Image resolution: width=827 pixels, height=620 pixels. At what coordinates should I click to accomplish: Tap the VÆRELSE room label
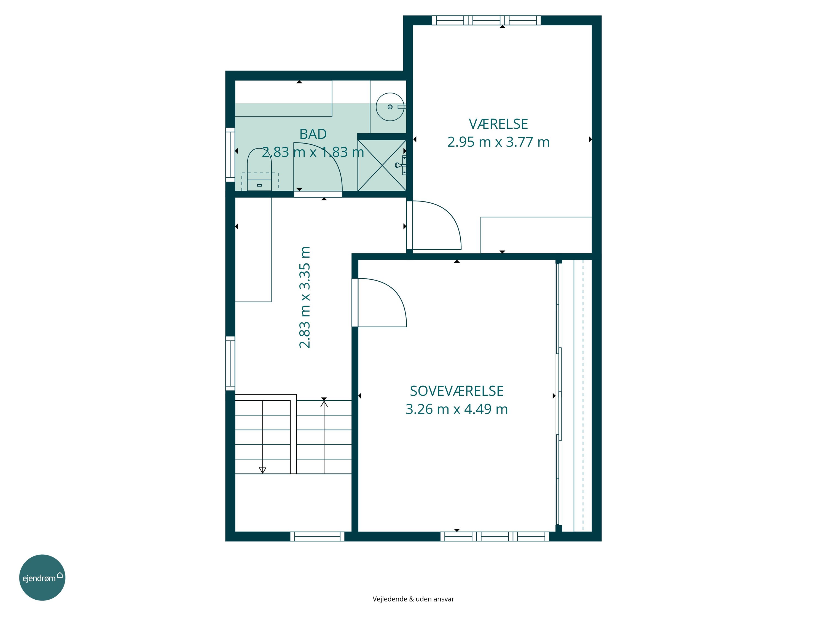[x=498, y=124]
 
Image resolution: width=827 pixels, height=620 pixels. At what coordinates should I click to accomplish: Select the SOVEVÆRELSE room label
[x=457, y=391]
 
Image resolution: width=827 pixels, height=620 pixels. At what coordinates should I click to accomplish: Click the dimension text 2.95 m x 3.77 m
[x=498, y=142]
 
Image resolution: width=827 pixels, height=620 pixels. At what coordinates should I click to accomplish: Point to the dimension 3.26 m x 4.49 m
[x=457, y=409]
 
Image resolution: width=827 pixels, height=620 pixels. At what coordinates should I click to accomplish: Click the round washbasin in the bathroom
[x=390, y=107]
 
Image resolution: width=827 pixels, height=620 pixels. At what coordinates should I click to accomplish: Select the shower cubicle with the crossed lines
[x=382, y=165]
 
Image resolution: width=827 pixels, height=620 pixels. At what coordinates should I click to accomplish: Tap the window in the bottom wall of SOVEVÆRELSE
[x=495, y=536]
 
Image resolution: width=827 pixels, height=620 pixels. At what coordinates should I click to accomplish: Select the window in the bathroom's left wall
[x=230, y=155]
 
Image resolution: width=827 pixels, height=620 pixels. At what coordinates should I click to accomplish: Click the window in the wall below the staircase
[x=317, y=536]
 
